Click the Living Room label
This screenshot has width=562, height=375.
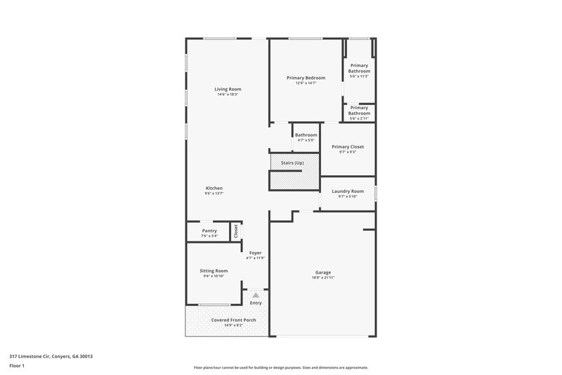point(228,89)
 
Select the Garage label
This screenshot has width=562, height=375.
point(323,272)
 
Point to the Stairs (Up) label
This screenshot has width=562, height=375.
point(292,163)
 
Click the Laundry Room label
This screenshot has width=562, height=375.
point(347,191)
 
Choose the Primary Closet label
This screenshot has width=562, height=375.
point(347,146)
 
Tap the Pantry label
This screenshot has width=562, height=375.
point(209,231)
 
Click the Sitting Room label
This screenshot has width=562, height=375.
point(214,270)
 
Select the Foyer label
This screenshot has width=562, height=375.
point(256,253)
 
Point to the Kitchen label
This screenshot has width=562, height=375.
point(214,188)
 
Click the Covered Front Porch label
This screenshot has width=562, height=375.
point(233,320)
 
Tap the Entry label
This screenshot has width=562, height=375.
point(256,303)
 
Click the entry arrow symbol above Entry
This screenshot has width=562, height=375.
point(256,295)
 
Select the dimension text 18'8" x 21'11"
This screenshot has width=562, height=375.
point(323,278)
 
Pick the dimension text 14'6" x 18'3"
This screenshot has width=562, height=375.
point(228,94)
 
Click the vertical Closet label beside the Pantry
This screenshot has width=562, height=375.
point(236,230)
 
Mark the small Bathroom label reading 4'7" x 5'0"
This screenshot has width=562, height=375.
point(306,135)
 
